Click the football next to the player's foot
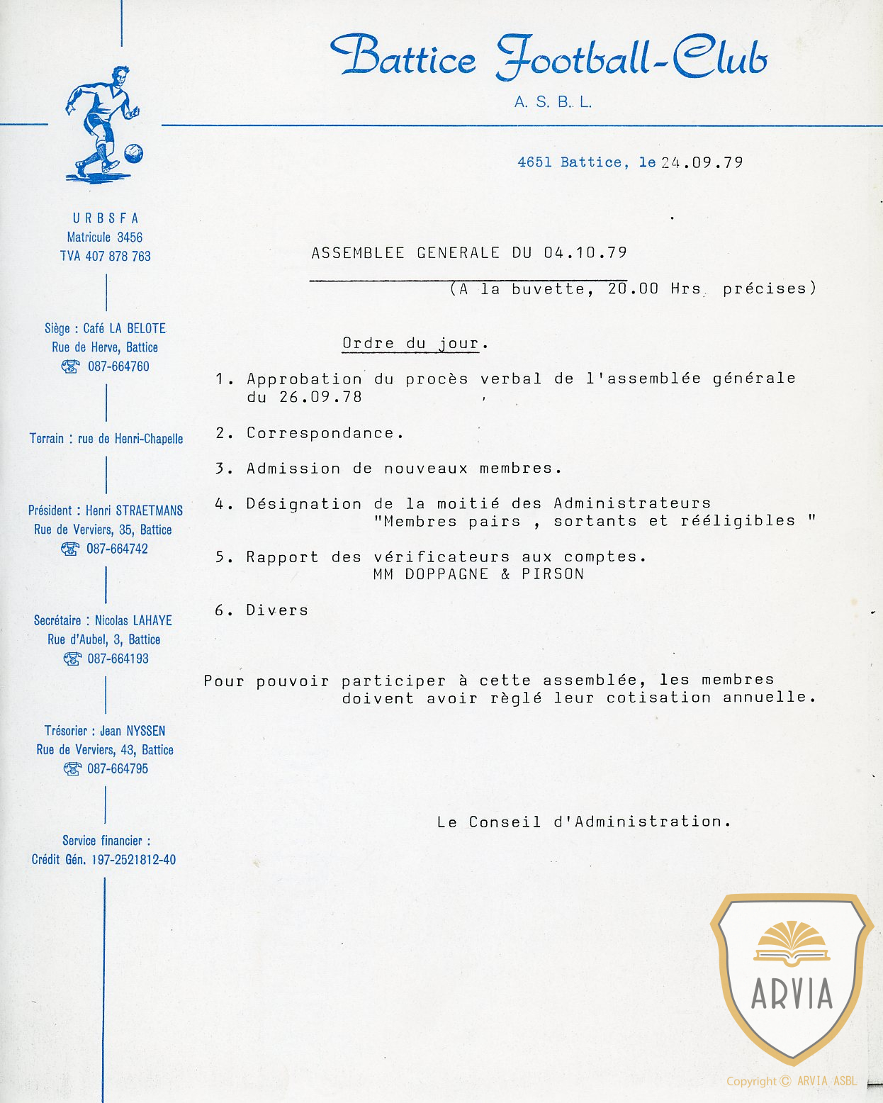pos(133,153)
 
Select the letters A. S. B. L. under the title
pos(553,102)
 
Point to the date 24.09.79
pos(702,162)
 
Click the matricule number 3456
pos(130,237)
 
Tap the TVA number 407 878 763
pos(118,256)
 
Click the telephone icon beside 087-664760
pos(70,366)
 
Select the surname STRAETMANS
pos(149,510)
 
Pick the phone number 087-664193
pos(118,659)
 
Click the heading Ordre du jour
pos(411,344)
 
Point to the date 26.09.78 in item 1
pos(320,397)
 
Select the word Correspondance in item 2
pos(321,433)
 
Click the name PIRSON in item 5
pos(553,574)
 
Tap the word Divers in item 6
pos(277,610)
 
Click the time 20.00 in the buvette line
pos(633,289)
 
